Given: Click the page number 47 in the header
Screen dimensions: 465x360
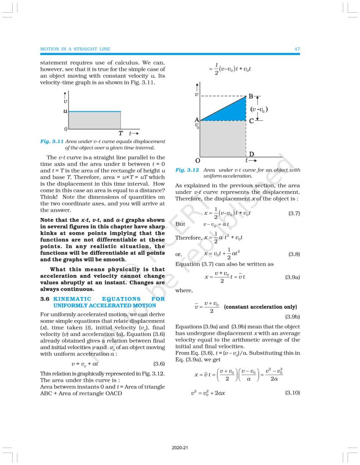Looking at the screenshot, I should coord(297,49).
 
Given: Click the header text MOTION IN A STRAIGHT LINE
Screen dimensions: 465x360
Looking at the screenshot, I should coord(75,49).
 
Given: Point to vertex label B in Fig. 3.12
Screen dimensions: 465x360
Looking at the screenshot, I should coord(251,97).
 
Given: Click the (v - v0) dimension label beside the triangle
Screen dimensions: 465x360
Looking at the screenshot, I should coord(259,109).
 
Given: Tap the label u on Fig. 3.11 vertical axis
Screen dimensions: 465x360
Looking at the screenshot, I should coord(65,111).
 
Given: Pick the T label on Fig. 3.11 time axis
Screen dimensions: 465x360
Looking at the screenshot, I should coord(121,134).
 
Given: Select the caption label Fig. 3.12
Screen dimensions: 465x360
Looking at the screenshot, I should coord(187,170).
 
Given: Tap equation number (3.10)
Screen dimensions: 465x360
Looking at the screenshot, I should coord(292,392).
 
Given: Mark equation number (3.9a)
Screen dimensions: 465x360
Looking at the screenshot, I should coord(292,277).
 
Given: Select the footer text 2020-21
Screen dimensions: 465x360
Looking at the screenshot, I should coord(180,448).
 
